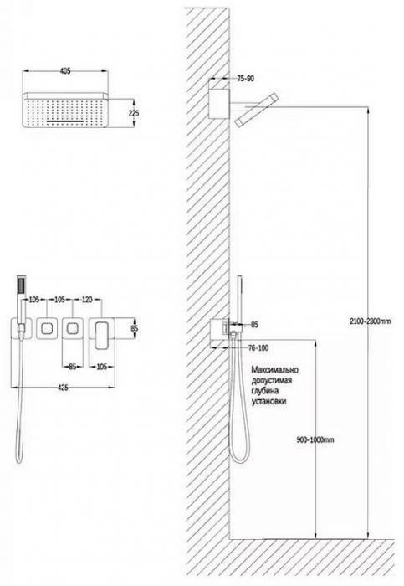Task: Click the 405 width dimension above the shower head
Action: [65, 71]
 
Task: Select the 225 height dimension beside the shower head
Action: [133, 112]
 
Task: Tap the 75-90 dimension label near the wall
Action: [245, 79]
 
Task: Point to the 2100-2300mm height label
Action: [370, 321]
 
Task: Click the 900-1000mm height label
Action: [315, 439]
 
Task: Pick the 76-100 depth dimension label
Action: [258, 348]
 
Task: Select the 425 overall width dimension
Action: [63, 388]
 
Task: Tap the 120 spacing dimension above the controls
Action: [87, 300]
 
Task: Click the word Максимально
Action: [275, 370]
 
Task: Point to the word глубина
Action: [265, 391]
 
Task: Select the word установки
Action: [269, 401]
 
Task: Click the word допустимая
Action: [272, 380]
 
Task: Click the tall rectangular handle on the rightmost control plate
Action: [101, 336]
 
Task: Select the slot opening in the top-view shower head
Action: [65, 121]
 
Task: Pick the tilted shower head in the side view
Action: [257, 111]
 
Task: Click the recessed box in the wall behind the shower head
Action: [219, 105]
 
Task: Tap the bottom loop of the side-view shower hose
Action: [238, 457]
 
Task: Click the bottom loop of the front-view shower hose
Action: [19, 459]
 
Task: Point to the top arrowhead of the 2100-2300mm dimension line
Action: [368, 110]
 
